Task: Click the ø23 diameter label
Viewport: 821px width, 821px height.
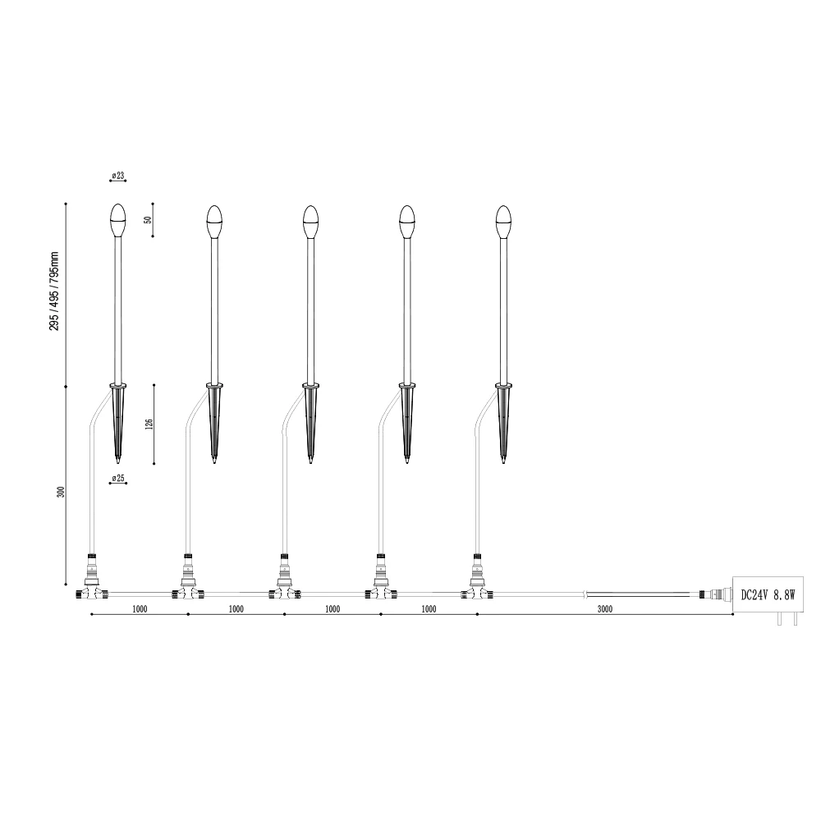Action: click(118, 176)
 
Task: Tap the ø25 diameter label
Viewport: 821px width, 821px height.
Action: click(118, 478)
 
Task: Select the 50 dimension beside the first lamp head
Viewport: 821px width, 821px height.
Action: click(148, 220)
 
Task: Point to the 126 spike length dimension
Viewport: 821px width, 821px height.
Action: click(149, 424)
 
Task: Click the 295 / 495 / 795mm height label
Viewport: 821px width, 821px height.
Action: click(54, 291)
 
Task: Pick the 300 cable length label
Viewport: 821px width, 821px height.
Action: click(62, 492)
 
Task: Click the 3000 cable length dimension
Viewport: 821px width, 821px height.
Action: click(605, 609)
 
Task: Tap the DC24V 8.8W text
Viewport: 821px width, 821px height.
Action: click(768, 594)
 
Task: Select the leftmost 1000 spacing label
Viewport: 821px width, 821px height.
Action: click(140, 609)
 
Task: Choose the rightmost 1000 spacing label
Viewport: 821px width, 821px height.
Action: click(429, 609)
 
